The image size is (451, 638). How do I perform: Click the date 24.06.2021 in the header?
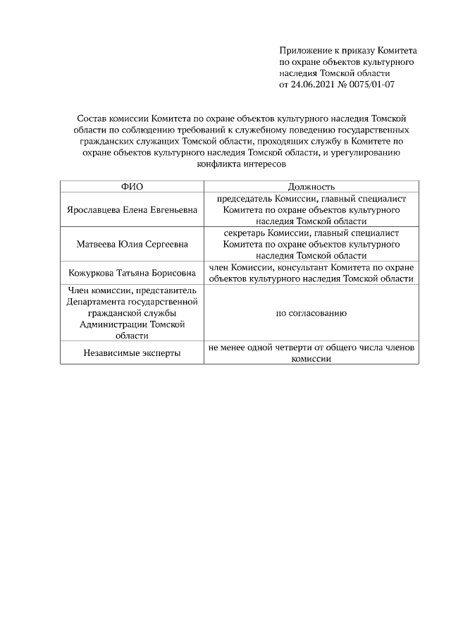pos(315,85)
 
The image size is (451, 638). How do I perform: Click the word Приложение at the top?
pos(304,51)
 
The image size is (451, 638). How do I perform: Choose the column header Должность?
pos(311,186)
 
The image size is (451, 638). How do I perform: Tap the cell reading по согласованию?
pos(311,312)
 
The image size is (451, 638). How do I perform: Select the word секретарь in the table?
pos(246,233)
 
